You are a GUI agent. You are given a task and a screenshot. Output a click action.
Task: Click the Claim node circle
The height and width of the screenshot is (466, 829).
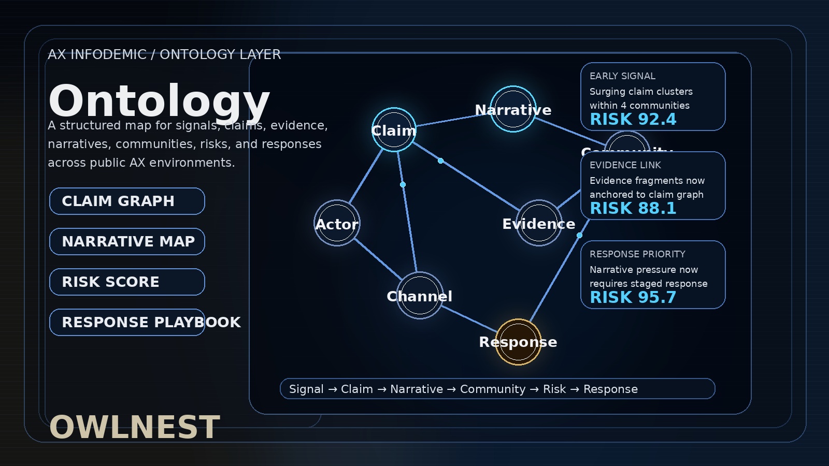point(394,130)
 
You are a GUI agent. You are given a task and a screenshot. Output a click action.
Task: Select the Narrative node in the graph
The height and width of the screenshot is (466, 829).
point(513,109)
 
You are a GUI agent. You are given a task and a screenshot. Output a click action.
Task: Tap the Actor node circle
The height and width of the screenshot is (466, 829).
point(337,223)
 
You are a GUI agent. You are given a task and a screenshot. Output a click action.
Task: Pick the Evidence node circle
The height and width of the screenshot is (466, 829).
point(539,223)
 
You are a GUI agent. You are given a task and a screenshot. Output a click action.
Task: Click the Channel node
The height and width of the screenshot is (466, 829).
point(420,296)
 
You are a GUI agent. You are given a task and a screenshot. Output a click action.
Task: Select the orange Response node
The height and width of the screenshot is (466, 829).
point(518,342)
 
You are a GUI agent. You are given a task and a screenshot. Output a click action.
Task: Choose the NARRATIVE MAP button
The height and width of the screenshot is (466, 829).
point(127,241)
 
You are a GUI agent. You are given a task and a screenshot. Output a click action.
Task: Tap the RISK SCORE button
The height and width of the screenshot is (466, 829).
point(127,282)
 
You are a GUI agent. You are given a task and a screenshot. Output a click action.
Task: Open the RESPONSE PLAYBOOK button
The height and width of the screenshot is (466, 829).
point(127,322)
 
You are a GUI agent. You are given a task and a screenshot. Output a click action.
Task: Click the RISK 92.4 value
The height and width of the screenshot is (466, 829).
point(633,120)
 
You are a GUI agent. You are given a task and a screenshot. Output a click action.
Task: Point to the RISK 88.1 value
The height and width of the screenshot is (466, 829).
point(633,209)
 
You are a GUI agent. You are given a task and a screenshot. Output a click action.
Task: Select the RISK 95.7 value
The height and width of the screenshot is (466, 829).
point(633,298)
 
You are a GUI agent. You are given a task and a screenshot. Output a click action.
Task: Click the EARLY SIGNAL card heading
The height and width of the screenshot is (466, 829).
point(622,76)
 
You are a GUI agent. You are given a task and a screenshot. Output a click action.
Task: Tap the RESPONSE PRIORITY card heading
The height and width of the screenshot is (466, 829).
point(637,254)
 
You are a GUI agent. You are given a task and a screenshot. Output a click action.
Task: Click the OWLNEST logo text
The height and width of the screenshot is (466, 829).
point(135,427)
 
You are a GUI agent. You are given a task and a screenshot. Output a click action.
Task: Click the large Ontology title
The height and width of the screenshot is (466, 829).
point(159,101)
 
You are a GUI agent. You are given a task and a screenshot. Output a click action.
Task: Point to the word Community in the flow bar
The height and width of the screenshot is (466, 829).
point(492,389)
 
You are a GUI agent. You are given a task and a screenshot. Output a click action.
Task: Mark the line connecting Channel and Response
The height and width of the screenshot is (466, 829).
point(469,319)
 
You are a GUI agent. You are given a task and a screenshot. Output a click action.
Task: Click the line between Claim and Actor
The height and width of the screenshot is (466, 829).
point(366,176)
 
